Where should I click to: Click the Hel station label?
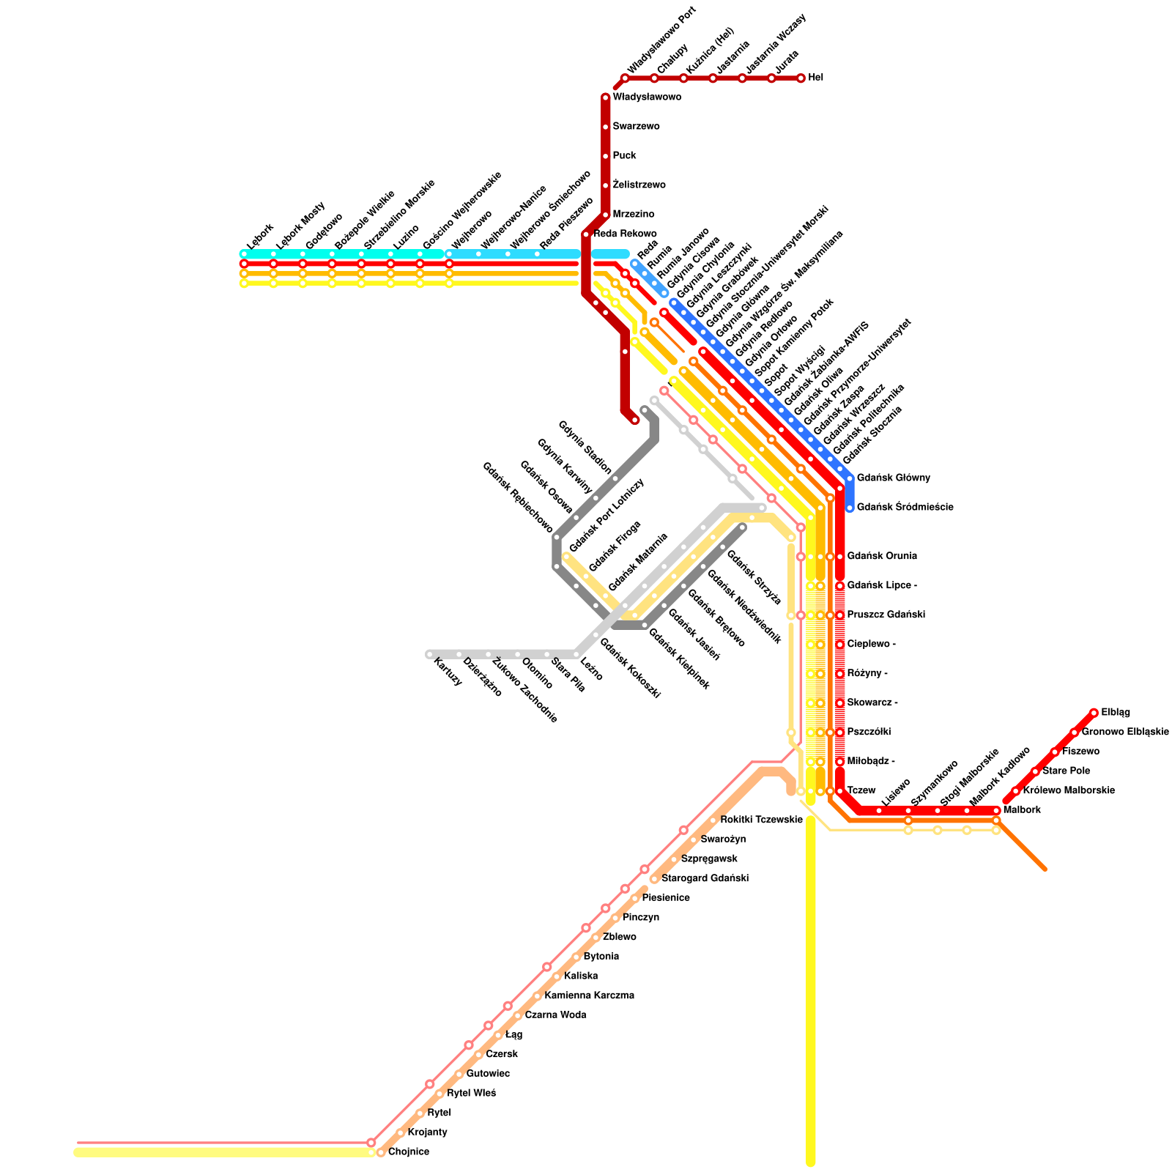(815, 78)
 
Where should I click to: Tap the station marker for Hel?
(801, 78)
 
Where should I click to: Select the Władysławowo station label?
(647, 97)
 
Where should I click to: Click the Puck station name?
(624, 156)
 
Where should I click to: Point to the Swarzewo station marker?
(606, 127)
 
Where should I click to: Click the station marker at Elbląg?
(1094, 713)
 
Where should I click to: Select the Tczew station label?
(861, 791)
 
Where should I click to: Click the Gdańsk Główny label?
(893, 478)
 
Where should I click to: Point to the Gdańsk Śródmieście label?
(905, 508)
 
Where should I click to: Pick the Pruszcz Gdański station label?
(886, 615)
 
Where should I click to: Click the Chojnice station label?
(408, 1152)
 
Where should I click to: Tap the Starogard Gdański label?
(705, 879)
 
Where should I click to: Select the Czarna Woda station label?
(555, 1015)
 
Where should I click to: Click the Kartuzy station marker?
(430, 654)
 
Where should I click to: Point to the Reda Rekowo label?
(625, 234)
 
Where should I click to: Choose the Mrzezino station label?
(633, 215)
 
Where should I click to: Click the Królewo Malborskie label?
(1068, 791)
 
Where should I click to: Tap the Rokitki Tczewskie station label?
(761, 820)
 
